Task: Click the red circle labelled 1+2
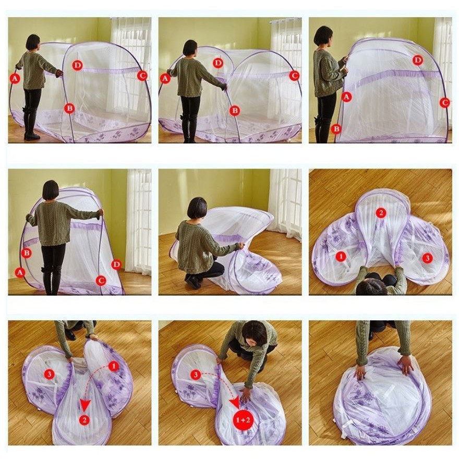[243, 420]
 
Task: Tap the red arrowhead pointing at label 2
[84, 405]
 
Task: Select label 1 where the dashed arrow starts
[114, 366]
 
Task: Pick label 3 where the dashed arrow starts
[196, 375]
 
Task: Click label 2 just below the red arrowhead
[84, 420]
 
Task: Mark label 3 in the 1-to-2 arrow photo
[49, 374]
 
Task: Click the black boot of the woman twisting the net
[194, 281]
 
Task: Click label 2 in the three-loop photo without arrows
[381, 213]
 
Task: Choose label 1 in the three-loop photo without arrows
[341, 257]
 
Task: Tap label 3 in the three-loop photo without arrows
[427, 258]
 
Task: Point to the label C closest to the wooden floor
[101, 281]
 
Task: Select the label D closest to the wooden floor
[116, 265]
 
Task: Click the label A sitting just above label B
[346, 96]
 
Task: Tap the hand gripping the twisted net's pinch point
[241, 246]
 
